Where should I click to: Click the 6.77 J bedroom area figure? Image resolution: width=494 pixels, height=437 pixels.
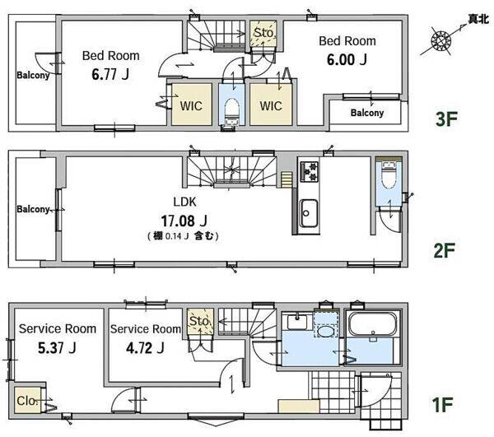[x=110, y=74]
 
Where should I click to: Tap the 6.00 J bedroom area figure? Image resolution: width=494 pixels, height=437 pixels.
[x=347, y=59]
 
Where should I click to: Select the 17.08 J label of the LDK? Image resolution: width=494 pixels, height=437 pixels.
[x=184, y=221]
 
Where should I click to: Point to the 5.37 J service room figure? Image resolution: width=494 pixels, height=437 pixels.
[x=57, y=348]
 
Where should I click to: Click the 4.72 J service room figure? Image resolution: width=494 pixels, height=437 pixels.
[x=145, y=348]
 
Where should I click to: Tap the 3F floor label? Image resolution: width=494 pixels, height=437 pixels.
[x=446, y=119]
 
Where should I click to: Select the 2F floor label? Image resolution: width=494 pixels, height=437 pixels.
[x=445, y=251]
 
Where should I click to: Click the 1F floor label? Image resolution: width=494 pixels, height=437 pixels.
[x=442, y=405]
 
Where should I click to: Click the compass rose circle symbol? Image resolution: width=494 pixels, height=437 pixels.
[x=441, y=40]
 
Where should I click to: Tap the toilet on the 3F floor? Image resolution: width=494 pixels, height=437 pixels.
[x=232, y=111]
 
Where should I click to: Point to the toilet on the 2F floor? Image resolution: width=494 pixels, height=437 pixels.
[x=389, y=175]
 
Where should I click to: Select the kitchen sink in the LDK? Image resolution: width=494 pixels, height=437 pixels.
[x=309, y=213]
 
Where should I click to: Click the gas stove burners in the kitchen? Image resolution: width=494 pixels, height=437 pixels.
[x=310, y=171]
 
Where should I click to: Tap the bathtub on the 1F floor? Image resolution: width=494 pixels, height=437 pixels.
[x=372, y=324]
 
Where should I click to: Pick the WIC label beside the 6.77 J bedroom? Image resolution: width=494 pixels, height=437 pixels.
[x=191, y=106]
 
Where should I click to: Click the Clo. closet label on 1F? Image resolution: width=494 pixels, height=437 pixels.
[x=27, y=401]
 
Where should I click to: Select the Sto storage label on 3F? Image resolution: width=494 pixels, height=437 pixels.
[x=263, y=32]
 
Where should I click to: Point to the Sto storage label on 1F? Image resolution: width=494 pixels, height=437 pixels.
[x=199, y=321]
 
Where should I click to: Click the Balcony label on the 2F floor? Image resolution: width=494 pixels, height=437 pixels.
[x=34, y=209]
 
